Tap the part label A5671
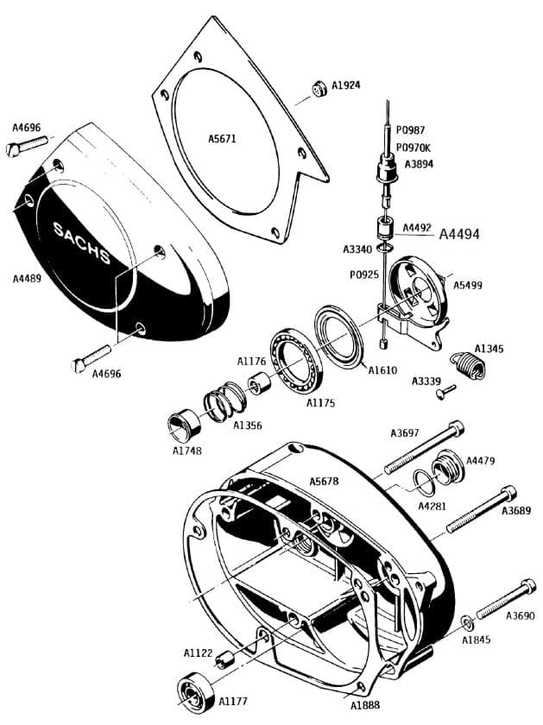point(222,138)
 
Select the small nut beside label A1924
point(319,89)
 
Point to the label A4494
point(459,233)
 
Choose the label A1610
point(382,370)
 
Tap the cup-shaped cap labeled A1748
point(185,426)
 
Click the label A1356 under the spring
point(248,426)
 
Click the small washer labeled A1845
point(467,622)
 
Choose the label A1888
point(366,705)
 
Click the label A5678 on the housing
point(324,481)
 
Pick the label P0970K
point(414,147)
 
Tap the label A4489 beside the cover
point(27,279)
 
